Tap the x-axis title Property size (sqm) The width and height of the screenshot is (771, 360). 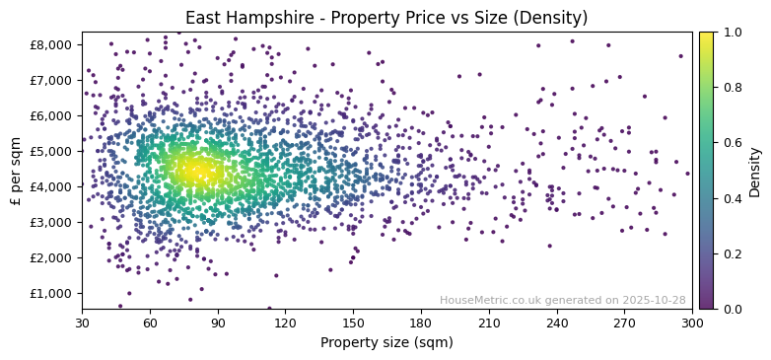coord(386,343)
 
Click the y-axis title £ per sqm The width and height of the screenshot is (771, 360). coord(16,171)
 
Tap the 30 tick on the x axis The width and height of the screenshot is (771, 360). coord(82,323)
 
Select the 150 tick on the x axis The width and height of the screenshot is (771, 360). coord(353,323)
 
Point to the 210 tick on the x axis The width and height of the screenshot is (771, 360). coord(489,323)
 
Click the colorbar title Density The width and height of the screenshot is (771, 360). coord(754,171)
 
